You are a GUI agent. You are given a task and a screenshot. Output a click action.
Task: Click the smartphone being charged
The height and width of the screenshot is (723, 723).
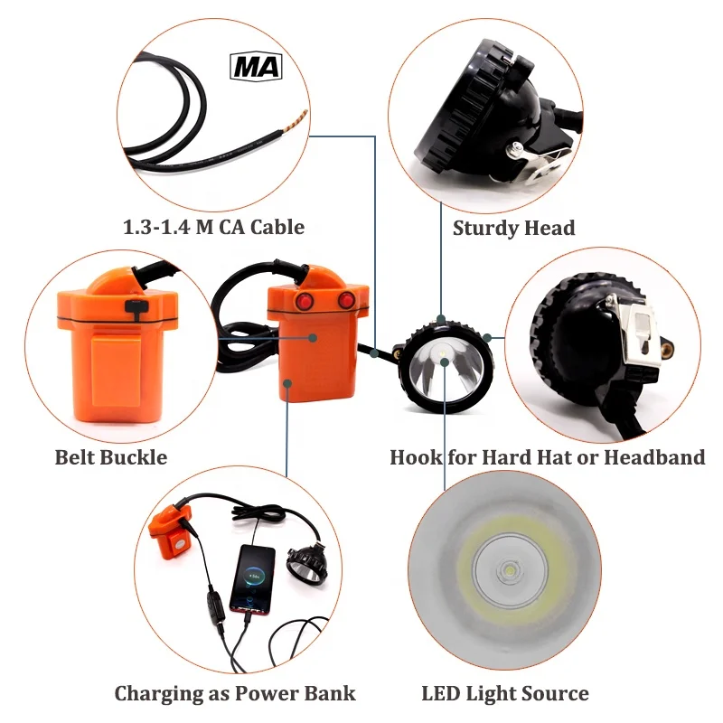253,579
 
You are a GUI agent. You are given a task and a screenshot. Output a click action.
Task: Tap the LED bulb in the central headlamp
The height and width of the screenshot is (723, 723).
446,354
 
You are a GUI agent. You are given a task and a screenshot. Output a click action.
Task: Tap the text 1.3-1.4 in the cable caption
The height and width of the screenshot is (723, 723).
158,226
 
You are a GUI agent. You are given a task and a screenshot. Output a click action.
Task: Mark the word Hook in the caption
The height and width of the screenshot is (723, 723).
418,457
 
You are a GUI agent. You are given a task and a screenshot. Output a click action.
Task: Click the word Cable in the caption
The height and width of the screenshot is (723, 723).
274,226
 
